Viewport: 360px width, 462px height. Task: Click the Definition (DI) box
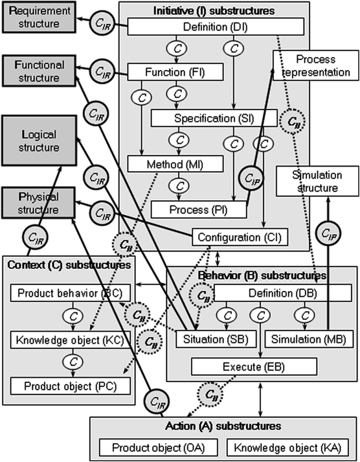pyautogui.click(x=215, y=27)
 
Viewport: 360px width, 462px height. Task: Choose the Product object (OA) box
pyautogui.click(x=157, y=447)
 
